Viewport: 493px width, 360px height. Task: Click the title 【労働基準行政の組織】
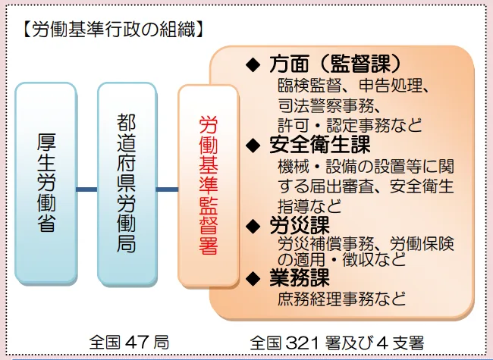point(111,31)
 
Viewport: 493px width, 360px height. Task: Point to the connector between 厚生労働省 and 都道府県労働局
point(86,189)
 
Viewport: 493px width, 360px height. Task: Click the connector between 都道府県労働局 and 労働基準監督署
point(167,189)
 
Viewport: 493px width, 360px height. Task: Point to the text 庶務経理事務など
point(341,296)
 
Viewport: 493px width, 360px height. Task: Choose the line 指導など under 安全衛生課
point(309,205)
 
